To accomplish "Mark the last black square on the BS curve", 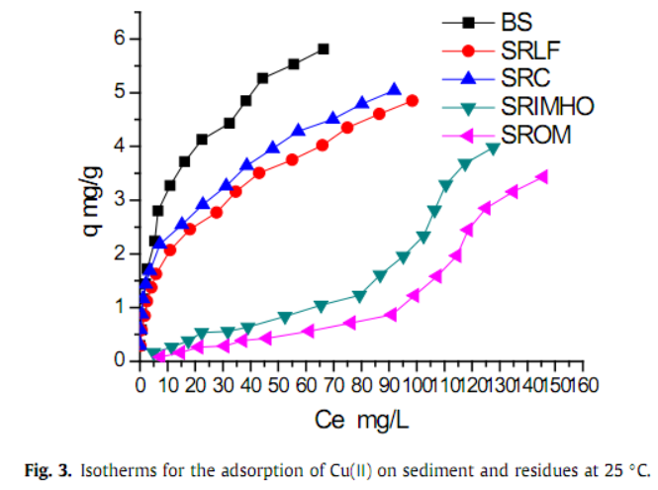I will [324, 49].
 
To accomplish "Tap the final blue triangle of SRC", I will [395, 90].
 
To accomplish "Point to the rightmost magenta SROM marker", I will [542, 176].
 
